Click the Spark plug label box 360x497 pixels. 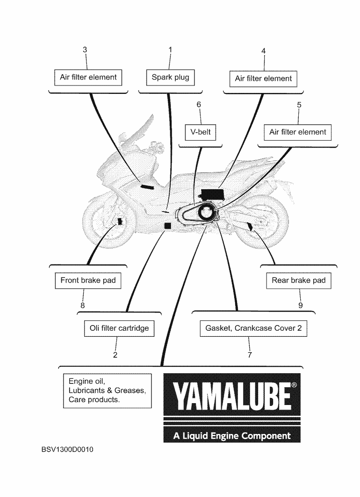(170, 78)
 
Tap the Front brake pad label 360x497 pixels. (88, 281)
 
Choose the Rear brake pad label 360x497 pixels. (299, 281)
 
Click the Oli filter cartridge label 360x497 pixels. (119, 328)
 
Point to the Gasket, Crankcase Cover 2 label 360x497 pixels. (253, 328)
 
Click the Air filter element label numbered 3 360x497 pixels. (88, 78)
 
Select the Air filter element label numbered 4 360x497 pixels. (263, 79)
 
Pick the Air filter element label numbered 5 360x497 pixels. (298, 132)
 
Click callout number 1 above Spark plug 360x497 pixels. (170, 50)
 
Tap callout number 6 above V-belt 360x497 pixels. (199, 105)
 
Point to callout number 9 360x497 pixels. (300, 305)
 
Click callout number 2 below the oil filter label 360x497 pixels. (115, 355)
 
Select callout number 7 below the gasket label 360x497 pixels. (250, 355)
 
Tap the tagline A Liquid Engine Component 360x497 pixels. (231, 436)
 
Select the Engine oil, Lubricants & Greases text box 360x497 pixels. (107, 390)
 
